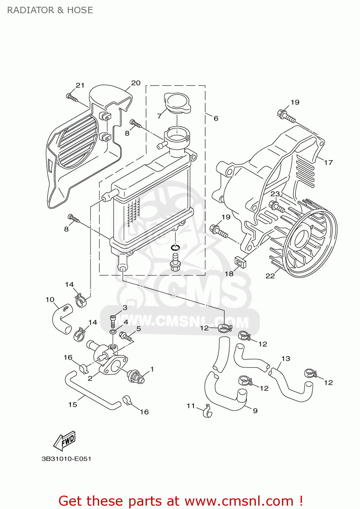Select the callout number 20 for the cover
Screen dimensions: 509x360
tap(136, 83)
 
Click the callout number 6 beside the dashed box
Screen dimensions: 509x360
tap(216, 118)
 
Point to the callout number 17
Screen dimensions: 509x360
tap(328, 163)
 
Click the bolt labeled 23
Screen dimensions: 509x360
tap(276, 206)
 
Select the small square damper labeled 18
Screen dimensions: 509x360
tap(241, 262)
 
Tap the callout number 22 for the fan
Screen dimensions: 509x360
tap(270, 276)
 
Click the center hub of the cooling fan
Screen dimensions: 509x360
tap(302, 238)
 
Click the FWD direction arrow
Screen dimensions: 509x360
tap(64, 441)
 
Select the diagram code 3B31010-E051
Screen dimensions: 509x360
tap(67, 459)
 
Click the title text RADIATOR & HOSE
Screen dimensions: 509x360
tap(50, 10)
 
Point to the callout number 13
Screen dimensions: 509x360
tap(286, 359)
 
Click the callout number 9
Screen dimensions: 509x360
tap(255, 411)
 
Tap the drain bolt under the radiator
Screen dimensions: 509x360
tap(175, 264)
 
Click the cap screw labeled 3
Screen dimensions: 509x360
tap(113, 320)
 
